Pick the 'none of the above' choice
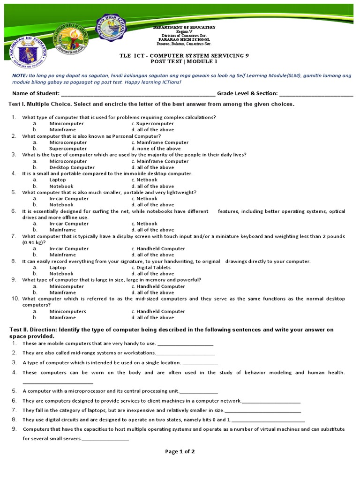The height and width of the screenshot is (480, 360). click(x=156, y=149)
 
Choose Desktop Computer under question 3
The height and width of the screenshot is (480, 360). click(x=72, y=167)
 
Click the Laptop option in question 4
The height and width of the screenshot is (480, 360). click(x=58, y=180)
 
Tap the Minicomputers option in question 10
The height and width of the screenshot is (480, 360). click(x=67, y=311)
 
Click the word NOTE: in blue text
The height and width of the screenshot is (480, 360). click(x=20, y=75)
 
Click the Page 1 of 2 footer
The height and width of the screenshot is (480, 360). click(x=180, y=451)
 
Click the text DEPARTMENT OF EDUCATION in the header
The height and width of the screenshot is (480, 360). click(x=184, y=28)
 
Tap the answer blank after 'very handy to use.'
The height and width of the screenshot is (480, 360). click(x=186, y=345)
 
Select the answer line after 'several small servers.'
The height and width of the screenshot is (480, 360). click(x=105, y=440)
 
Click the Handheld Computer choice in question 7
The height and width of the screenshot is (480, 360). click(x=158, y=248)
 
